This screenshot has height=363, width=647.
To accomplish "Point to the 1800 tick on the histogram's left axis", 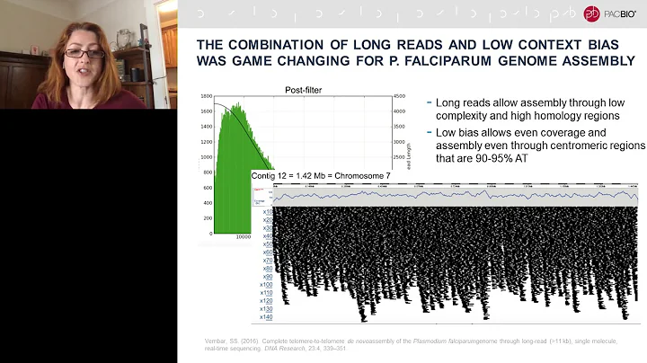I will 206,96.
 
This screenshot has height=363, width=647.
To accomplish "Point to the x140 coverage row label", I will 266,317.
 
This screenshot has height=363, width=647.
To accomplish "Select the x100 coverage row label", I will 266,285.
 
